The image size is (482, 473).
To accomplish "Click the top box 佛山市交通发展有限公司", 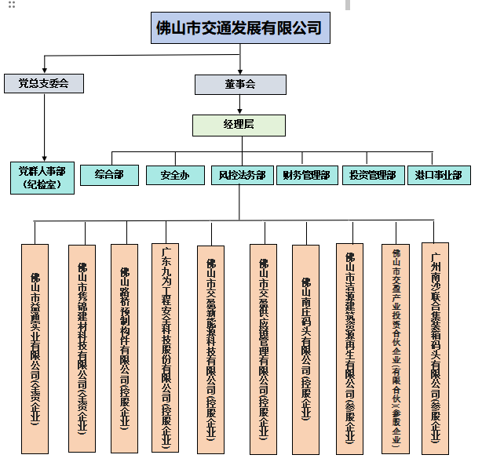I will pyautogui.click(x=239, y=28).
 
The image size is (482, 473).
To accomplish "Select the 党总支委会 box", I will pyautogui.click(x=44, y=83).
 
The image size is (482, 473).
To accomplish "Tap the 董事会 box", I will pyautogui.click(x=239, y=83).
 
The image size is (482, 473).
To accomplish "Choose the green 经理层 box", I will pyautogui.click(x=239, y=124).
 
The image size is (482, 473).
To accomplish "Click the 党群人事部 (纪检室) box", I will pyautogui.click(x=43, y=177).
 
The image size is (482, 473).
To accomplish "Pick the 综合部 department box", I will pyautogui.click(x=108, y=174).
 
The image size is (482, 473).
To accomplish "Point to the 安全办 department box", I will pyautogui.click(x=174, y=174).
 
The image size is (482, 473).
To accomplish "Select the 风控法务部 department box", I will pyautogui.click(x=241, y=174).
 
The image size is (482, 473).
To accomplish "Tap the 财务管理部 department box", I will pyautogui.click(x=306, y=174).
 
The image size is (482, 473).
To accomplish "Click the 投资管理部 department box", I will pyautogui.click(x=372, y=174).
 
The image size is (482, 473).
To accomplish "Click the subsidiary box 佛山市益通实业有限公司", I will pyautogui.click(x=35, y=348).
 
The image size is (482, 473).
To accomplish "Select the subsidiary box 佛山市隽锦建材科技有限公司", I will pyautogui.click(x=82, y=348).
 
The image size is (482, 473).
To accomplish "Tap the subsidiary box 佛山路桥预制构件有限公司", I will pyautogui.click(x=125, y=348).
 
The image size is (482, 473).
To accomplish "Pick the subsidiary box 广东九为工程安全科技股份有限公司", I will pyautogui.click(x=166, y=348).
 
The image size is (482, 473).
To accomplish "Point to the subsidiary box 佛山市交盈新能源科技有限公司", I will pyautogui.click(x=212, y=348).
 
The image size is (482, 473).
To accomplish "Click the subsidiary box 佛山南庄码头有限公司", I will pyautogui.click(x=305, y=348).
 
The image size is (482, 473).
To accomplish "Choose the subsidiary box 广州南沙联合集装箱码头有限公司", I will pyautogui.click(x=436, y=348).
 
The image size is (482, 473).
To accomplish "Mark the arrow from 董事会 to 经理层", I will pyautogui.click(x=239, y=104).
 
